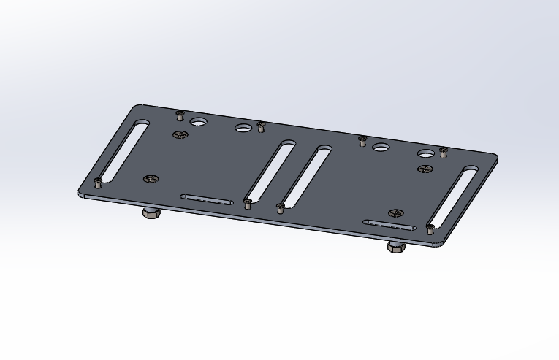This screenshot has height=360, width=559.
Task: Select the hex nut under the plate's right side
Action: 395,248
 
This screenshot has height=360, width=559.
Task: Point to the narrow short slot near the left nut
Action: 207,199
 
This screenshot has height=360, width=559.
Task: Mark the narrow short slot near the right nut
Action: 390,225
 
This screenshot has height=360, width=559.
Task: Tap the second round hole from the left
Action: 243,129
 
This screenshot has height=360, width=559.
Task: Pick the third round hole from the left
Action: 380,148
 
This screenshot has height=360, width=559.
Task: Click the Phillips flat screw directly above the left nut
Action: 151,179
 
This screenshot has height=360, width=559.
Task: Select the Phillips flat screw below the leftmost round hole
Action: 180,134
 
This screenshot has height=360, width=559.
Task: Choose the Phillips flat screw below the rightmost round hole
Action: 425,169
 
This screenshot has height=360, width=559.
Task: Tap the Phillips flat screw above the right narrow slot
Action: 396,213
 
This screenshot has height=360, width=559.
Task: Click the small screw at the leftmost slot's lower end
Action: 98,183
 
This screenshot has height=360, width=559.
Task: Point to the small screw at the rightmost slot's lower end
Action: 430,229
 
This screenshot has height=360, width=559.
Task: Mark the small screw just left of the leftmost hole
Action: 180,115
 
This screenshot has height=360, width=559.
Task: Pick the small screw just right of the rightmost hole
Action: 443,151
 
